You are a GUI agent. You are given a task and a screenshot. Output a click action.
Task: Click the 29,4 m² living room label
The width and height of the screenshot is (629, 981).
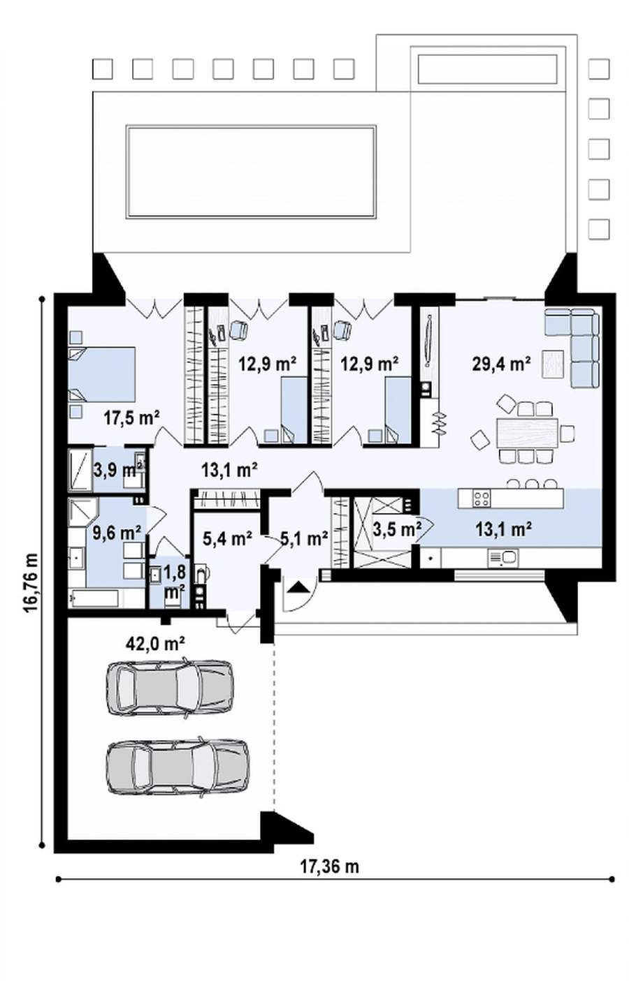(501, 364)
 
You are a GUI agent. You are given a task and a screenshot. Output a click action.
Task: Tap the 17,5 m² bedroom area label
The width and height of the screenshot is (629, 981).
(131, 418)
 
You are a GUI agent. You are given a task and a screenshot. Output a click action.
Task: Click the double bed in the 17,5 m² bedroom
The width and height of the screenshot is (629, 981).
(102, 374)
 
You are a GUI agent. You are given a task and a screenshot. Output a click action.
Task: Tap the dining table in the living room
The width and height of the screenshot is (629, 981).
(527, 433)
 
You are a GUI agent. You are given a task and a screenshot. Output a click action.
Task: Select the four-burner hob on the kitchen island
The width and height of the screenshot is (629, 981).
(482, 499)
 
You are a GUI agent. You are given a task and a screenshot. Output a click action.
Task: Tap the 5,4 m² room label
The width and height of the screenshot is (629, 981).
(228, 538)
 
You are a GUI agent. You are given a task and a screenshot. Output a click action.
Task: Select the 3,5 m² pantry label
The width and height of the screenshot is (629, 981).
(397, 529)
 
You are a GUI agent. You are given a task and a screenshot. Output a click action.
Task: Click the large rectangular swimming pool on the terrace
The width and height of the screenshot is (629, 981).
(251, 172)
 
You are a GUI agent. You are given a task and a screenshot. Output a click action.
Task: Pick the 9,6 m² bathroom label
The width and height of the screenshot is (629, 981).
(117, 533)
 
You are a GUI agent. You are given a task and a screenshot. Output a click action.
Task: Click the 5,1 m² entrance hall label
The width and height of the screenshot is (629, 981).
(304, 538)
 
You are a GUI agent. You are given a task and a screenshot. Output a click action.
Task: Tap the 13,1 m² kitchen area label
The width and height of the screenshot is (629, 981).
(504, 529)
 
